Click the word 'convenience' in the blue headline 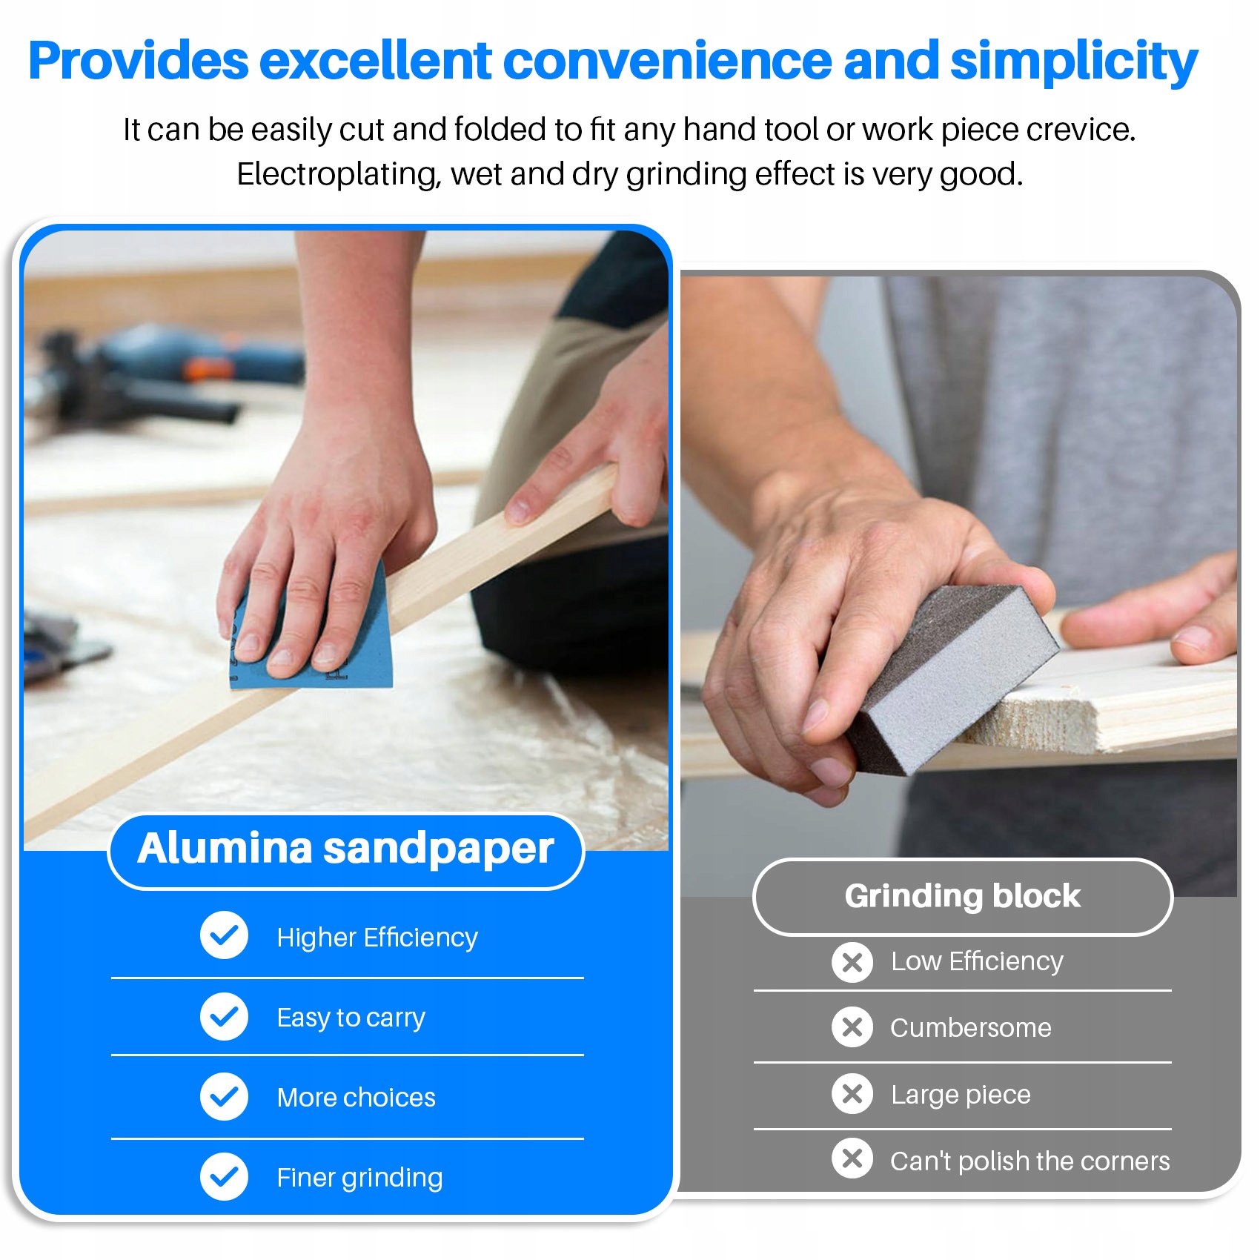coord(668,61)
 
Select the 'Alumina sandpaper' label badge coord(346,851)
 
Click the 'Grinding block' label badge coord(963,897)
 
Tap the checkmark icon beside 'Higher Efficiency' coord(224,935)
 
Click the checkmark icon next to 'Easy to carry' coord(224,1016)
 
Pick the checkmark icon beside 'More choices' coord(224,1097)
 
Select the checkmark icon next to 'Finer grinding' coord(224,1177)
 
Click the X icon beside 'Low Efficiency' coord(852,962)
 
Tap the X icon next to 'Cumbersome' coord(852,1027)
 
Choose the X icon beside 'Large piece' coord(852,1093)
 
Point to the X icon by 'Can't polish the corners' coord(852,1158)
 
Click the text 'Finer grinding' coord(360,1178)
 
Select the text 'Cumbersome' coord(971,1028)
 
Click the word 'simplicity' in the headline coord(1074,61)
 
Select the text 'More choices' coord(357,1098)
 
